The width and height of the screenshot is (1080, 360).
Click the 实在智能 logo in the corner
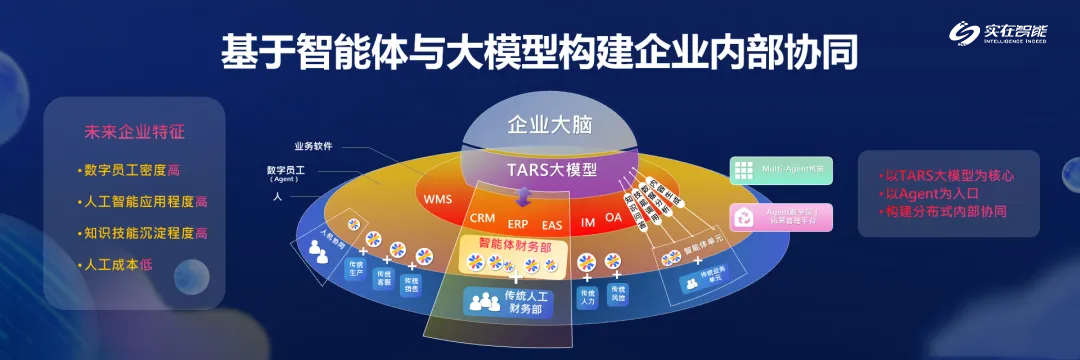(x=1010, y=36)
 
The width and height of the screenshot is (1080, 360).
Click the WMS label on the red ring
(x=438, y=199)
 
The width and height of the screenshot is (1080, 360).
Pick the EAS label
(x=552, y=224)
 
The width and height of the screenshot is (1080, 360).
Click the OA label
(x=613, y=216)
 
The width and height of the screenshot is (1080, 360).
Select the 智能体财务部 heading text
(x=515, y=243)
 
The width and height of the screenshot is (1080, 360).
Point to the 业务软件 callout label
(x=313, y=145)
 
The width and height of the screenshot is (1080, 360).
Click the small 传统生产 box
(x=354, y=271)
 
